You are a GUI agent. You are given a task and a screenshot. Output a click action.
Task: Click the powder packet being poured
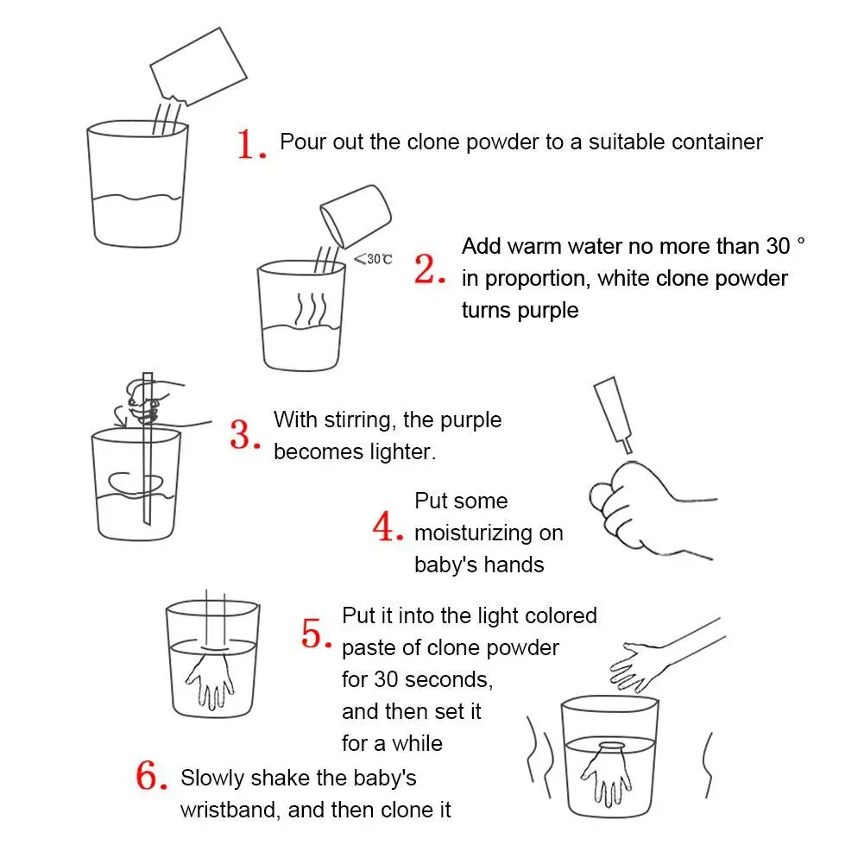pyautogui.click(x=198, y=66)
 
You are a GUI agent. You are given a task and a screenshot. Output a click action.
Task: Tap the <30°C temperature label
pyautogui.click(x=373, y=258)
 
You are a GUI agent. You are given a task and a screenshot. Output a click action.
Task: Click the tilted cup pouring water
pyautogui.click(x=356, y=216)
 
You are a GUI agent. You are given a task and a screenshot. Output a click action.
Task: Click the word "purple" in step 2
pyautogui.click(x=548, y=311)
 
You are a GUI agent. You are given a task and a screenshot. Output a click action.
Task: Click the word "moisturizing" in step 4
pyautogui.click(x=473, y=533)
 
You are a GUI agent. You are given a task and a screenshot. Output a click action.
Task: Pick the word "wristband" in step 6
pyautogui.click(x=229, y=810)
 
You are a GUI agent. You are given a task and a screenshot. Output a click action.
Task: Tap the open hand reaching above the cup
pyautogui.click(x=640, y=665)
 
